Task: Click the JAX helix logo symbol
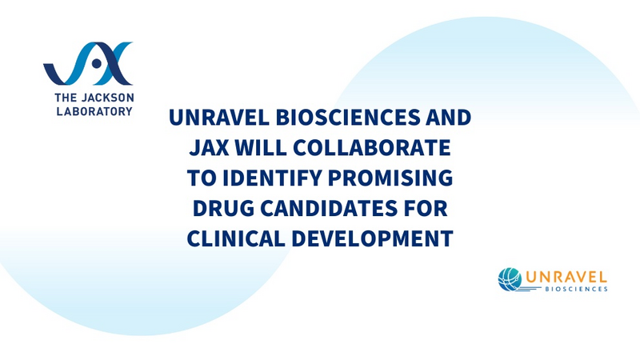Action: pyautogui.click(x=88, y=64)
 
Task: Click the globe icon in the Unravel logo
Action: pyautogui.click(x=509, y=278)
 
